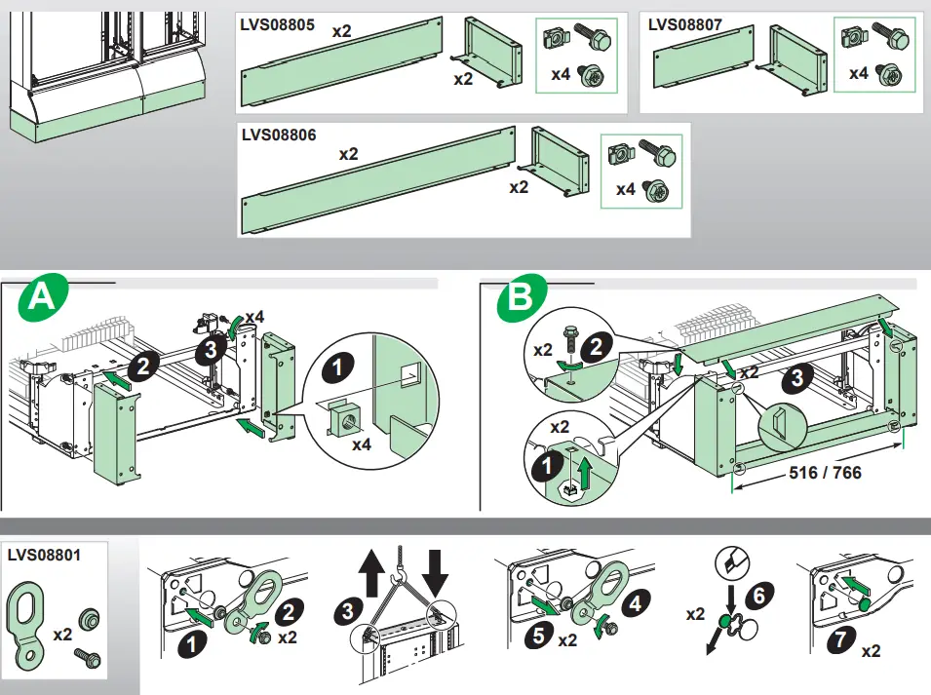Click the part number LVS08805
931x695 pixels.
(x=278, y=26)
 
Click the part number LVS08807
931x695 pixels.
(x=684, y=24)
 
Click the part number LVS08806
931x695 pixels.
(x=279, y=135)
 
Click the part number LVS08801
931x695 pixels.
(x=44, y=555)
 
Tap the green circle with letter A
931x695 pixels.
(x=42, y=299)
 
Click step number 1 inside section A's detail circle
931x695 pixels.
(x=337, y=369)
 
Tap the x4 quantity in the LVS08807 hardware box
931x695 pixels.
(x=858, y=73)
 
